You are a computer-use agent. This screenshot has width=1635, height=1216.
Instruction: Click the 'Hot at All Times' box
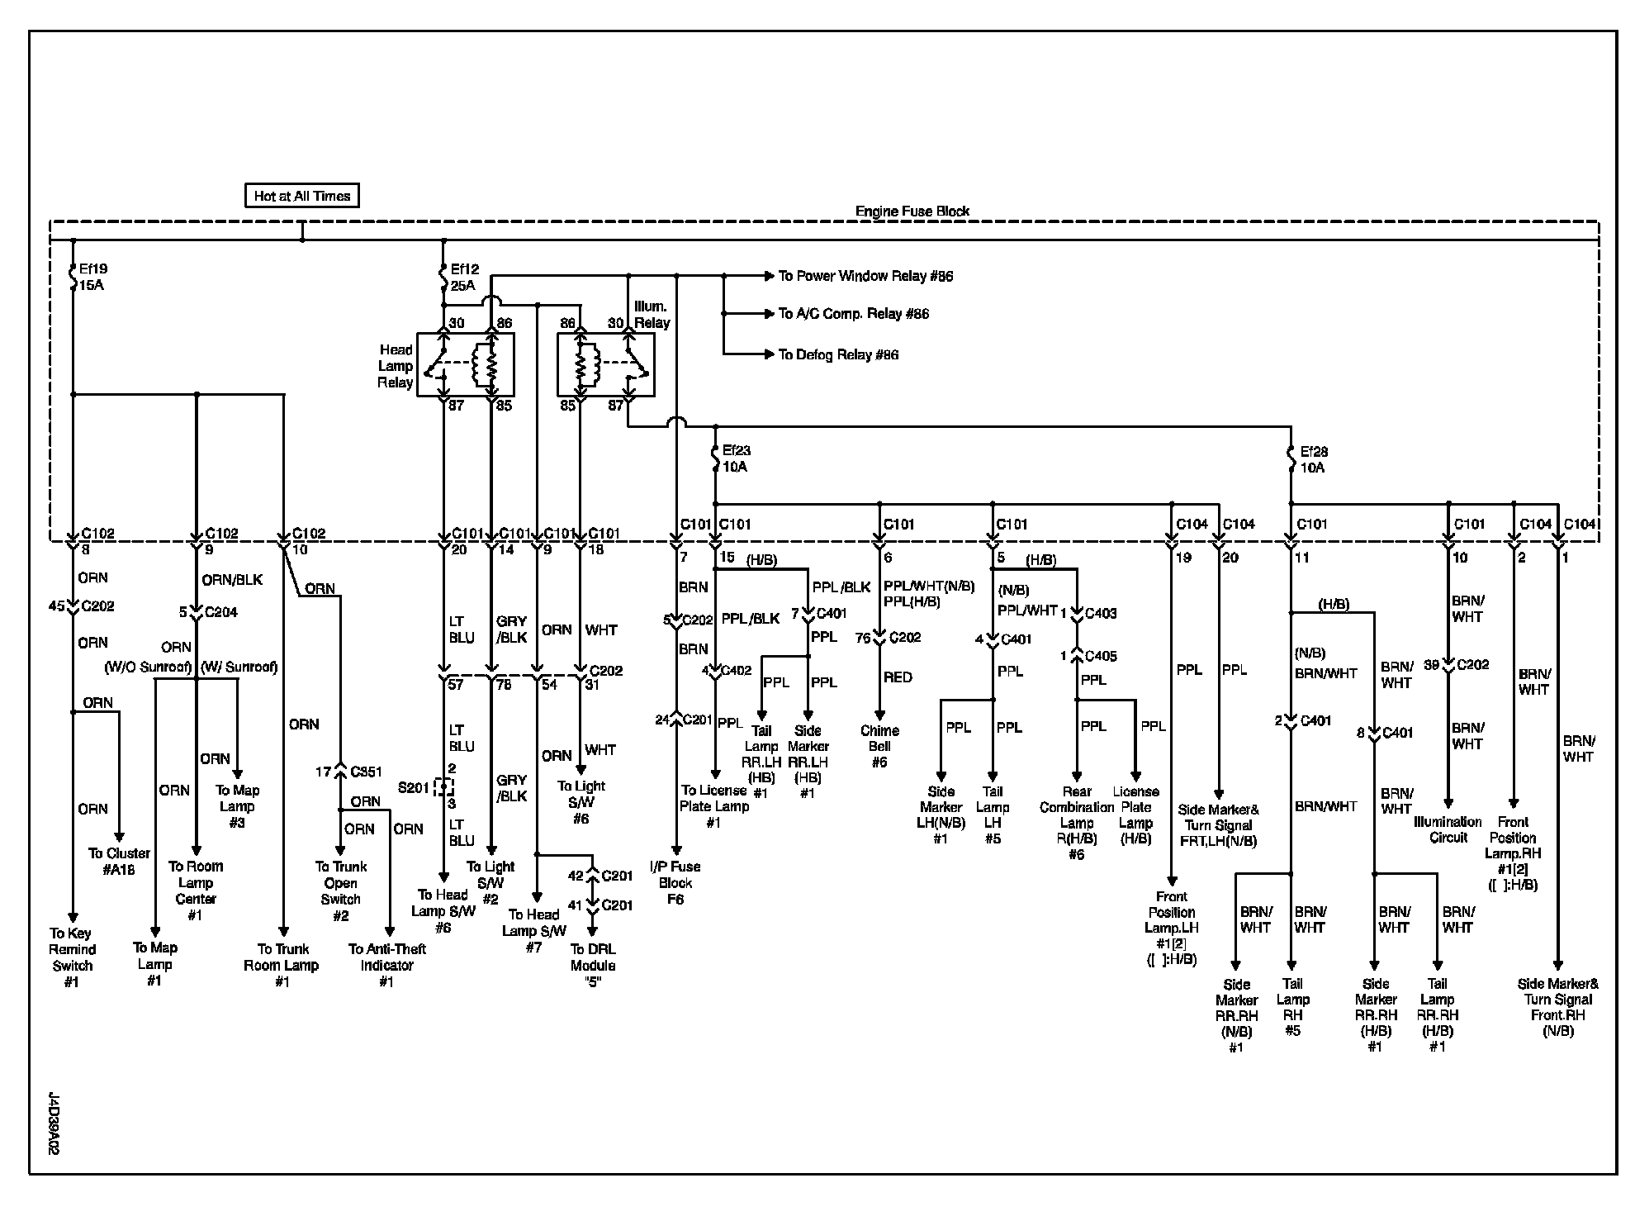click(x=302, y=196)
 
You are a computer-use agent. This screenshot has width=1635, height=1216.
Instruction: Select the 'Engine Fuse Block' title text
click(x=912, y=211)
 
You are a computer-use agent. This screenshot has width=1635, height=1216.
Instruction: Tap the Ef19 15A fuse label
click(x=92, y=277)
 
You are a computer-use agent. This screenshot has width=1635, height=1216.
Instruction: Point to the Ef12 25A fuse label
click(x=464, y=277)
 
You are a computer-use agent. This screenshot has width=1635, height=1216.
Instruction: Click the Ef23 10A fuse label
click(x=737, y=458)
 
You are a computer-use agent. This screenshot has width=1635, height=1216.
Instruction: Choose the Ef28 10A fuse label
click(x=1312, y=459)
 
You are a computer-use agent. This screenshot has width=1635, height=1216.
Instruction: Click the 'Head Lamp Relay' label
click(x=396, y=366)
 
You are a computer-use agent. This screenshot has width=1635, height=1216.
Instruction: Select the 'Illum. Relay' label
click(x=652, y=315)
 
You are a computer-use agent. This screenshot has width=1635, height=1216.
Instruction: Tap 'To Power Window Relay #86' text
click(x=865, y=276)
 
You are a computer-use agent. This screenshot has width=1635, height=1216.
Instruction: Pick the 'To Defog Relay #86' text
click(x=838, y=354)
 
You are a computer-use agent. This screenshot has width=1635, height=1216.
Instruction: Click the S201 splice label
click(x=414, y=787)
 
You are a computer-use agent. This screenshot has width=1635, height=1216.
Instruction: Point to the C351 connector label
click(x=366, y=772)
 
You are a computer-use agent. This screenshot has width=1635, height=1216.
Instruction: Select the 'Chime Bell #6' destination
click(x=879, y=746)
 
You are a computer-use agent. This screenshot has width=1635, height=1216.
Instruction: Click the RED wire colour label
click(x=898, y=677)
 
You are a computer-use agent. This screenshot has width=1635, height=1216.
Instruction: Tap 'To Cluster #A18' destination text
click(x=120, y=861)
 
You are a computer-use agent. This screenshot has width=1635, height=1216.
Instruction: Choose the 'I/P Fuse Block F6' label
click(x=675, y=882)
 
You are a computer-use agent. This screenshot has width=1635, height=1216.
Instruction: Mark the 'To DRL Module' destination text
click(x=593, y=957)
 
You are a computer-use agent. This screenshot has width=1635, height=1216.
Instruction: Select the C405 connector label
click(x=1102, y=656)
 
